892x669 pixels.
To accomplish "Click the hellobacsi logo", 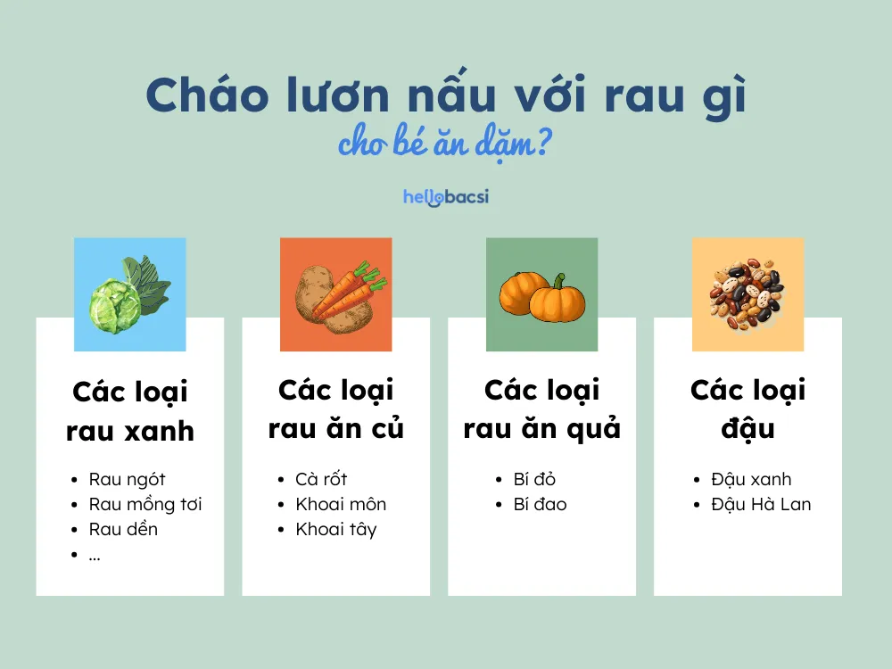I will (445, 196).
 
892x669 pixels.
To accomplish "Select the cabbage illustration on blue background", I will (129, 294).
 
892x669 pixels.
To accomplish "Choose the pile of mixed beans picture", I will (747, 294).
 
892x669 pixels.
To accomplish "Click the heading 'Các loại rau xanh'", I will (130, 411).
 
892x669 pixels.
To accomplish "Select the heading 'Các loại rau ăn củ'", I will (336, 409).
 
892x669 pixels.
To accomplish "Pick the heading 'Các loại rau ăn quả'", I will (541, 409).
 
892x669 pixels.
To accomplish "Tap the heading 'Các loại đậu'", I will (747, 409).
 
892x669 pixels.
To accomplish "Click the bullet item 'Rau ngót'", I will (127, 479).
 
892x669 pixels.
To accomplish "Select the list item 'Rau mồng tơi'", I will (145, 504).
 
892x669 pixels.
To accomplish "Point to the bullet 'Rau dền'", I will (123, 529).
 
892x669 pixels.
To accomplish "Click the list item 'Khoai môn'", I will (341, 504).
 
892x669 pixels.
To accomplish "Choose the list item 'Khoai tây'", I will (336, 529).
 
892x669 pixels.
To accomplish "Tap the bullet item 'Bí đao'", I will (540, 504).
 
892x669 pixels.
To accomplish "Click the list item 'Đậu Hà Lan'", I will (761, 504).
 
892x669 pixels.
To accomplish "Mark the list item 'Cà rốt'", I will (321, 479).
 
